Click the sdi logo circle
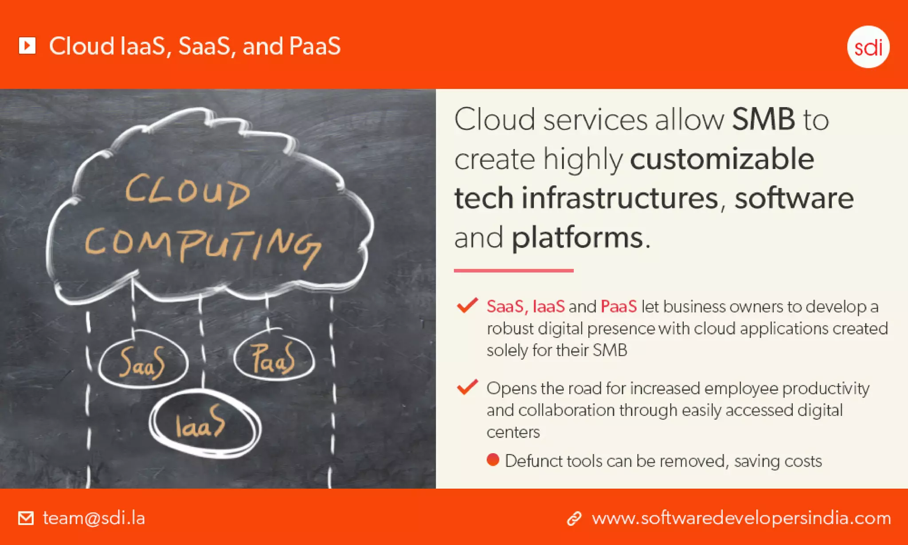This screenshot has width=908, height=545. (x=868, y=47)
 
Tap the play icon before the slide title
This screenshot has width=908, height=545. (x=27, y=45)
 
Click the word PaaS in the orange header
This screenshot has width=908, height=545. (x=314, y=46)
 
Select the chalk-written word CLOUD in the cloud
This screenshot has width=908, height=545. (x=188, y=192)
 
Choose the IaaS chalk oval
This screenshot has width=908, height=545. (x=204, y=424)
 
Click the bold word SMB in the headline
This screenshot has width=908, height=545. (x=763, y=120)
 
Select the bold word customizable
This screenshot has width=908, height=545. (x=722, y=159)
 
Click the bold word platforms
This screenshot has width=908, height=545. (x=577, y=238)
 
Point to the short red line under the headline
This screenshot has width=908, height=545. (x=513, y=270)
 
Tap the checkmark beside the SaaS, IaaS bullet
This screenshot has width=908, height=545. (x=467, y=306)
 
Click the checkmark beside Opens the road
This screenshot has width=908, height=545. (x=467, y=387)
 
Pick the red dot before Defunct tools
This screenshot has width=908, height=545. (x=493, y=460)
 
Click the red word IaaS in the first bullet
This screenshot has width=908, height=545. (x=548, y=306)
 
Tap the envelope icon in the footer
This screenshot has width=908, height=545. (x=26, y=518)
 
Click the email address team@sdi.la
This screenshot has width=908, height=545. (x=94, y=518)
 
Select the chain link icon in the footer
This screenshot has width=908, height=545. (x=574, y=518)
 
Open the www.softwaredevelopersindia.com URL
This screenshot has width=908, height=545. (x=741, y=518)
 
